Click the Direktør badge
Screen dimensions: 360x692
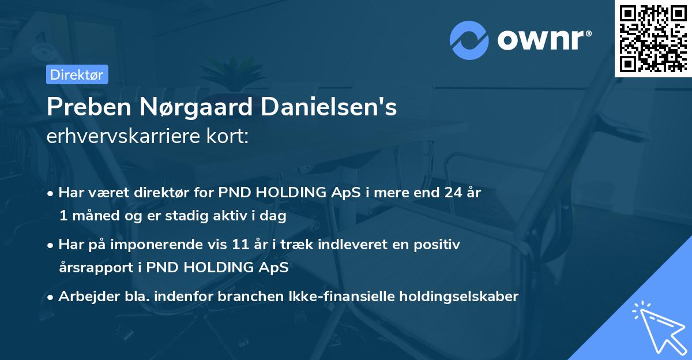click(x=77, y=74)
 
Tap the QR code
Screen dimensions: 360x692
click(x=653, y=38)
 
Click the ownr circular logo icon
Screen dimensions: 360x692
click(x=469, y=41)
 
